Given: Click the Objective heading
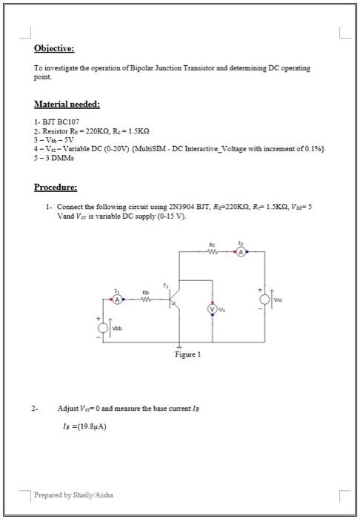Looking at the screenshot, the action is point(55,48).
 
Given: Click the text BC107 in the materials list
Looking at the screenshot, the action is point(64,119).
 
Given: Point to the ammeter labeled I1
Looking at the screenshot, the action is point(116,300).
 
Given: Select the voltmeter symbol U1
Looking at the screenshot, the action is point(213,308).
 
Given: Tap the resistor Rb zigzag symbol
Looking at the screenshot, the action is point(147,300).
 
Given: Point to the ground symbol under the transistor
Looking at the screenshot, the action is point(179,348).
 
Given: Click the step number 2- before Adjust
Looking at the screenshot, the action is point(34,409).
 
